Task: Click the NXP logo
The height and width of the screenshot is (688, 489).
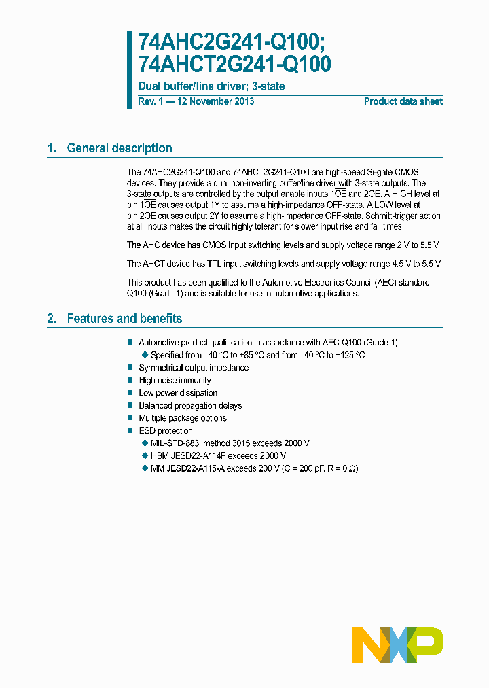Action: coord(398,644)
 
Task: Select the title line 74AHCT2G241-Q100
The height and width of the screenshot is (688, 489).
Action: coord(234,65)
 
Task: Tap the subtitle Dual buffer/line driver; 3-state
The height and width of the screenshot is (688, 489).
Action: coord(211,86)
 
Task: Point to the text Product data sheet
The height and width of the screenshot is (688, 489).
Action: coord(403,101)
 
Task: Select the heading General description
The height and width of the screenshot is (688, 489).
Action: coord(119,148)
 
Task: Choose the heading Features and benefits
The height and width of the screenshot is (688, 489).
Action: coord(124,319)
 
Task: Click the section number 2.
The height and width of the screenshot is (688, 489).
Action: coord(51,319)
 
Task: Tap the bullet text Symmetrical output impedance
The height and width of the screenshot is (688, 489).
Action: coord(194,368)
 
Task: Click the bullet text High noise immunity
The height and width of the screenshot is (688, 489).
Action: coord(175,381)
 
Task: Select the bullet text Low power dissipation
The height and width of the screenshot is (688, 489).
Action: coord(178,393)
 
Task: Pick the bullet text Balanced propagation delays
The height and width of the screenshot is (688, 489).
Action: coord(190,406)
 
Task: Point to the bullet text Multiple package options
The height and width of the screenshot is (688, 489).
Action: coord(183,418)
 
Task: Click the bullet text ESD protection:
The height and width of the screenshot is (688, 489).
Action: coord(166,431)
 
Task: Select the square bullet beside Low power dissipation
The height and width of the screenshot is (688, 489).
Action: coord(130,393)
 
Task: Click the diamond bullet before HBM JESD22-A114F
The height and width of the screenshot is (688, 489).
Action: coord(144,455)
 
